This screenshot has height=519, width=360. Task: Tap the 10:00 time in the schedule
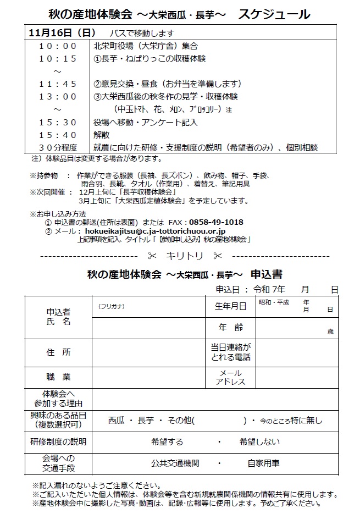pos(58,46)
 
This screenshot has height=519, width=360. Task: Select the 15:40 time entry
pos(58,135)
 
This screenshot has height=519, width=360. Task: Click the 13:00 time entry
pos(58,97)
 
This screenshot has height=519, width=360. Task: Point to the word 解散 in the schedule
pos(102,135)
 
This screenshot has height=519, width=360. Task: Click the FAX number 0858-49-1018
pos(216,222)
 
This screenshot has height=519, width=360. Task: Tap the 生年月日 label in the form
pos(230,306)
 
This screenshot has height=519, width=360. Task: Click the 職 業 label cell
pos(58,377)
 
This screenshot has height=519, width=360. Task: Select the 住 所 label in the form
pos(58,352)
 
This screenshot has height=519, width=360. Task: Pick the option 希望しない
pos(259,441)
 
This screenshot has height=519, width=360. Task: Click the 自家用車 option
pos(264,463)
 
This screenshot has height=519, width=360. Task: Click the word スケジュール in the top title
pos(274,14)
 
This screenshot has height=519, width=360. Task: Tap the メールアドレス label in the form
pos(230,377)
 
